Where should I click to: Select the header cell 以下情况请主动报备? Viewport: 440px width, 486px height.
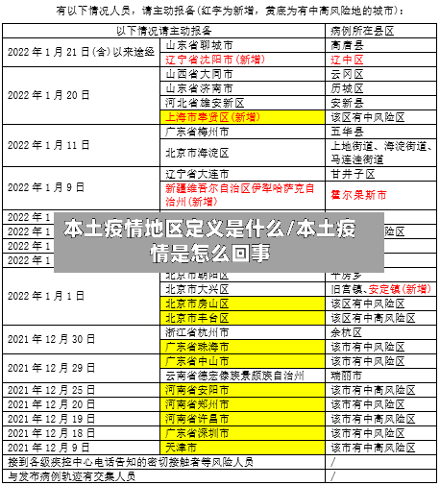(162, 32)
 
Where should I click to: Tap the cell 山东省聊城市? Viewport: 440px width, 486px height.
(199, 45)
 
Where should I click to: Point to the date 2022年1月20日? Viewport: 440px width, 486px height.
(49, 95)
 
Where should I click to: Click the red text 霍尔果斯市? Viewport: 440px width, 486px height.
(358, 194)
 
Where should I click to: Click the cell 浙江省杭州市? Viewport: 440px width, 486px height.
(198, 331)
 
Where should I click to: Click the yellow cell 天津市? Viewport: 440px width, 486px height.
(183, 448)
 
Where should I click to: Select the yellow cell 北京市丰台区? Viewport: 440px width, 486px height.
(198, 317)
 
